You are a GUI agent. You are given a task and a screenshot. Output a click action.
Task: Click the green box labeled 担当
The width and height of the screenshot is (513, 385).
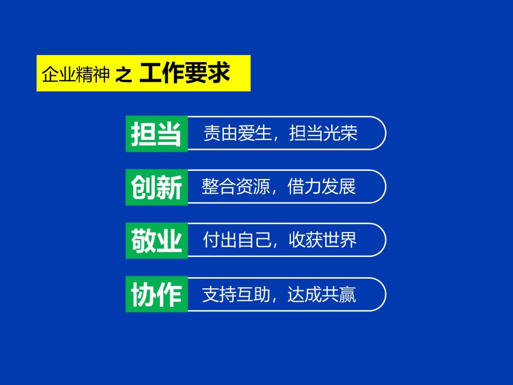(157, 133)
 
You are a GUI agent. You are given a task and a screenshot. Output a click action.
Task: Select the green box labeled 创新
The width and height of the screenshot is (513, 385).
(157, 187)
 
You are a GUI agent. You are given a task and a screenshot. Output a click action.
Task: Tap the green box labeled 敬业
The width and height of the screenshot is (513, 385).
(157, 241)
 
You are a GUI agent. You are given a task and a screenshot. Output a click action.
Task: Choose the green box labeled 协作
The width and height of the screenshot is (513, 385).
(157, 294)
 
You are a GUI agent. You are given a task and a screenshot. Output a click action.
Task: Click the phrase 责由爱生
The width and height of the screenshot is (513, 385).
(237, 133)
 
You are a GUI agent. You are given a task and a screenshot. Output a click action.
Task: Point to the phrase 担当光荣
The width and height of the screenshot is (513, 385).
(323, 133)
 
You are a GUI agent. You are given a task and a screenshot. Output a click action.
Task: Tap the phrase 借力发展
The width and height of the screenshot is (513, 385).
(322, 186)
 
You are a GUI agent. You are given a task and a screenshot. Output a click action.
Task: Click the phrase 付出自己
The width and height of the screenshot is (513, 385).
(237, 240)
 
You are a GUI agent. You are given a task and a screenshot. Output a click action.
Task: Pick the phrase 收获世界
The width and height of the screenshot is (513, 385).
(323, 240)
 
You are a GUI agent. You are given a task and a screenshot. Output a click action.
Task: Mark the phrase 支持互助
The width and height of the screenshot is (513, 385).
(236, 294)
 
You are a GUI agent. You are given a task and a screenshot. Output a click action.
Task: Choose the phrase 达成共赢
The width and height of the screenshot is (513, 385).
(322, 294)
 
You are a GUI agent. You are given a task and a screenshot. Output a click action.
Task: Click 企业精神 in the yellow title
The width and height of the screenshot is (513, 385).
(76, 74)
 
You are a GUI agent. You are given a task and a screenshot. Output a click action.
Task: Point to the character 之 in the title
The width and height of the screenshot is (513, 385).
(124, 75)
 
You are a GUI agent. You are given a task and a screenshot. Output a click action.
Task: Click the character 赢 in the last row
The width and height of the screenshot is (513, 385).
(348, 294)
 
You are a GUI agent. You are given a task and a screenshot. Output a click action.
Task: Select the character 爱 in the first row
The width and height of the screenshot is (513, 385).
(246, 133)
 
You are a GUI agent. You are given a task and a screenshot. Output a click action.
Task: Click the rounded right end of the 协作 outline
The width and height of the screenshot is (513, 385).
(386, 294)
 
